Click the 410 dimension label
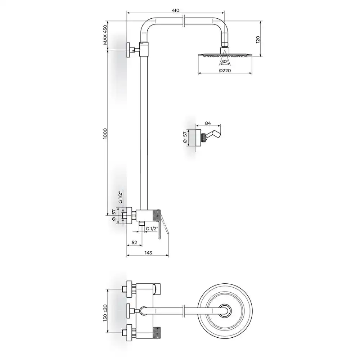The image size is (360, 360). (x=175, y=10)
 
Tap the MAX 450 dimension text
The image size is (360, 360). (x=105, y=35)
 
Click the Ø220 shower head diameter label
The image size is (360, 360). (x=225, y=71)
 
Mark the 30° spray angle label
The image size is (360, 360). (x=225, y=62)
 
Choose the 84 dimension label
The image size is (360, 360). (x=208, y=123)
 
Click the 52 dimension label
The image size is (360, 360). (x=134, y=242)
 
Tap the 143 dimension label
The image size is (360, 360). (x=148, y=253)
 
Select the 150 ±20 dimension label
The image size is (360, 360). (x=105, y=313)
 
